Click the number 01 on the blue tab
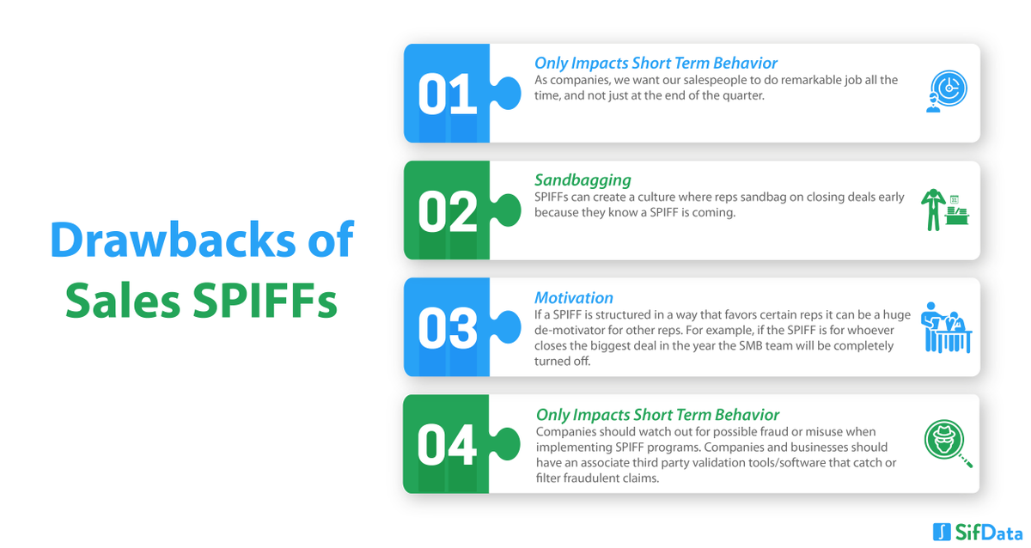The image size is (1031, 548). (x=447, y=94)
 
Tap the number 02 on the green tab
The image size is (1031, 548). (x=447, y=210)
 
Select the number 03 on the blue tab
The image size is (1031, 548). (x=447, y=327)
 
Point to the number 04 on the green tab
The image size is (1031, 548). (x=447, y=444)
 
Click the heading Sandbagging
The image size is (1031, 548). (x=583, y=180)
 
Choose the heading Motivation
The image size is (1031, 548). (x=574, y=298)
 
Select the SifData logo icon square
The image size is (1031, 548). (x=940, y=531)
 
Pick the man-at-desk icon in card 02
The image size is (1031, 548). (x=945, y=209)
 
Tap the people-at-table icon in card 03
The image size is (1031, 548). (x=946, y=327)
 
